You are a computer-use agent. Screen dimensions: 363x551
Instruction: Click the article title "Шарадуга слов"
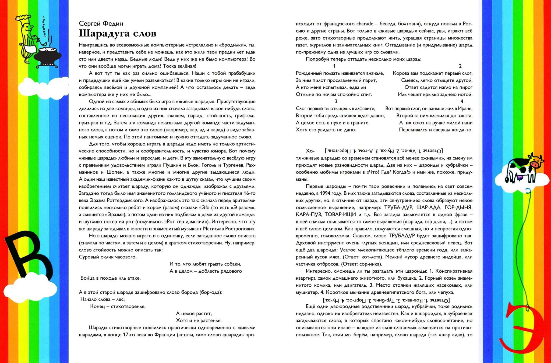118,34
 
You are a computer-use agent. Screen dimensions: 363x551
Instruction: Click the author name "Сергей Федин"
101,23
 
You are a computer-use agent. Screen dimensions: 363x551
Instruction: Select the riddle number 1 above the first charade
334,66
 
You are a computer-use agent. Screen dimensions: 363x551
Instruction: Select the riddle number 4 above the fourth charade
462,102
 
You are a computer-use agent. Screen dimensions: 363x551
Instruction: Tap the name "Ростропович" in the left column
239,229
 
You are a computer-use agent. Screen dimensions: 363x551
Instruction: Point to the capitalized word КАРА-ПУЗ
308,215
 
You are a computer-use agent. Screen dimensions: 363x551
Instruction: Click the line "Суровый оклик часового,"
108,257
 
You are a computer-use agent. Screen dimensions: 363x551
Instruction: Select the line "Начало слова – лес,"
103,299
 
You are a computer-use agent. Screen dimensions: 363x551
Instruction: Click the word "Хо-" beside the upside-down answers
310,151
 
